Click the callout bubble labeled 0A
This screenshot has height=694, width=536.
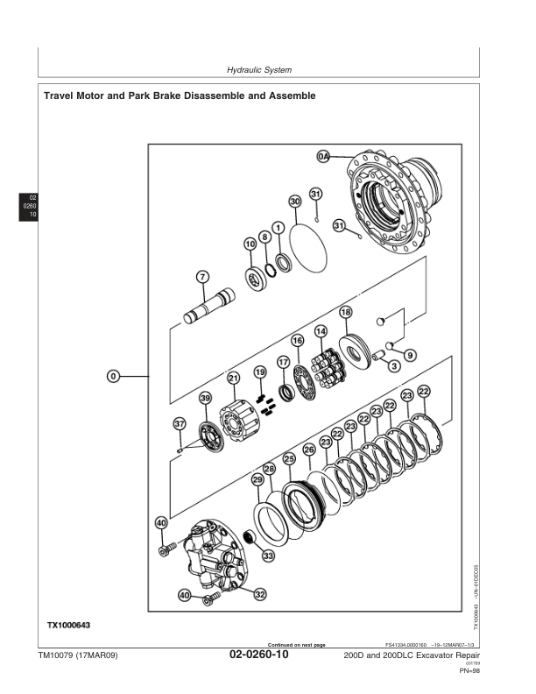[322, 156]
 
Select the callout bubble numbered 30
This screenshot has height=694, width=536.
[296, 202]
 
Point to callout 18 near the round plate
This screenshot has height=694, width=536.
[346, 312]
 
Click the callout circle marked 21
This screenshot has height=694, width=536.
[234, 378]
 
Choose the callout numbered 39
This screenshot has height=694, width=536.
[204, 398]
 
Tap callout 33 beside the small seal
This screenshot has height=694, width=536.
[267, 556]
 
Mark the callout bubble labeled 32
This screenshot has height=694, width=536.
[260, 594]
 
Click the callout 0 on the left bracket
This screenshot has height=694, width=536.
[113, 376]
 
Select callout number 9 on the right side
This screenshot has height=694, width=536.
[410, 355]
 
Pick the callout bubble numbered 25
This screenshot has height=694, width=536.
[289, 458]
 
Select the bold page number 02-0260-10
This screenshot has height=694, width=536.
[258, 655]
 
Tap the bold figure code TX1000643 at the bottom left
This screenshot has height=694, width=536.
[69, 624]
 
